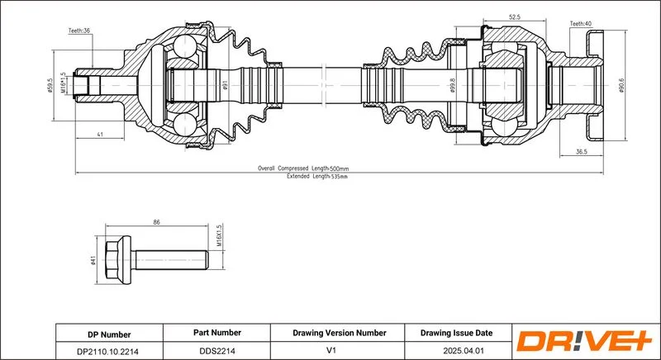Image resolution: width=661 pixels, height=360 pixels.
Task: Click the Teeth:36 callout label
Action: [x=79, y=31]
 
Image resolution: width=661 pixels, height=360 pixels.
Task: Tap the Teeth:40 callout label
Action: [x=581, y=24]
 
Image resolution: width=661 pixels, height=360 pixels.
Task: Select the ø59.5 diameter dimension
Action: [x=50, y=86]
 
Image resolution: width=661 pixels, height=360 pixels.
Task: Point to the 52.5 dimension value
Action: [x=515, y=17]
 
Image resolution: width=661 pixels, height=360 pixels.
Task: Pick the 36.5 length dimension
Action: [x=582, y=152]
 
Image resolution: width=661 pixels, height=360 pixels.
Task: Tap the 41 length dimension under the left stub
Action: [x=100, y=135]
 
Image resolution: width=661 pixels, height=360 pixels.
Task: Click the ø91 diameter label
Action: [x=225, y=86]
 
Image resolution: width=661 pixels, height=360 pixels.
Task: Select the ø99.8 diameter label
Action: [x=453, y=86]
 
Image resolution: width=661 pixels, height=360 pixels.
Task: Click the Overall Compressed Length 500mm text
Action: [x=303, y=168]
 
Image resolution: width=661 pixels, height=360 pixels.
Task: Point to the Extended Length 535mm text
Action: [x=317, y=177]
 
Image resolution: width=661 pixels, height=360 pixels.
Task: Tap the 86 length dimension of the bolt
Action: [x=157, y=222]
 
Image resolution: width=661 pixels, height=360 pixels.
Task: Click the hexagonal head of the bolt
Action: [x=112, y=260]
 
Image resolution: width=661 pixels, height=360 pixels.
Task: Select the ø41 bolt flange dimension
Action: [x=93, y=261]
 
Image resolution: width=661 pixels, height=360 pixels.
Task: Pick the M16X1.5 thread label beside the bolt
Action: [x=219, y=237]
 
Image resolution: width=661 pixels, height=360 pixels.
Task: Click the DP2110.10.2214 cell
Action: [x=109, y=351]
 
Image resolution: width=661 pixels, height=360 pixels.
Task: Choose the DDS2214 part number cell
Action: [x=216, y=350]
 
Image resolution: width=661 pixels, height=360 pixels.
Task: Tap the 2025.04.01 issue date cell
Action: [x=458, y=350]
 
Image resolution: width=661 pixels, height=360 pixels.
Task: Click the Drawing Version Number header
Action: [x=340, y=333]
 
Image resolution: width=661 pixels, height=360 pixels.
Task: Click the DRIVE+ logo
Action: [x=584, y=341]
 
